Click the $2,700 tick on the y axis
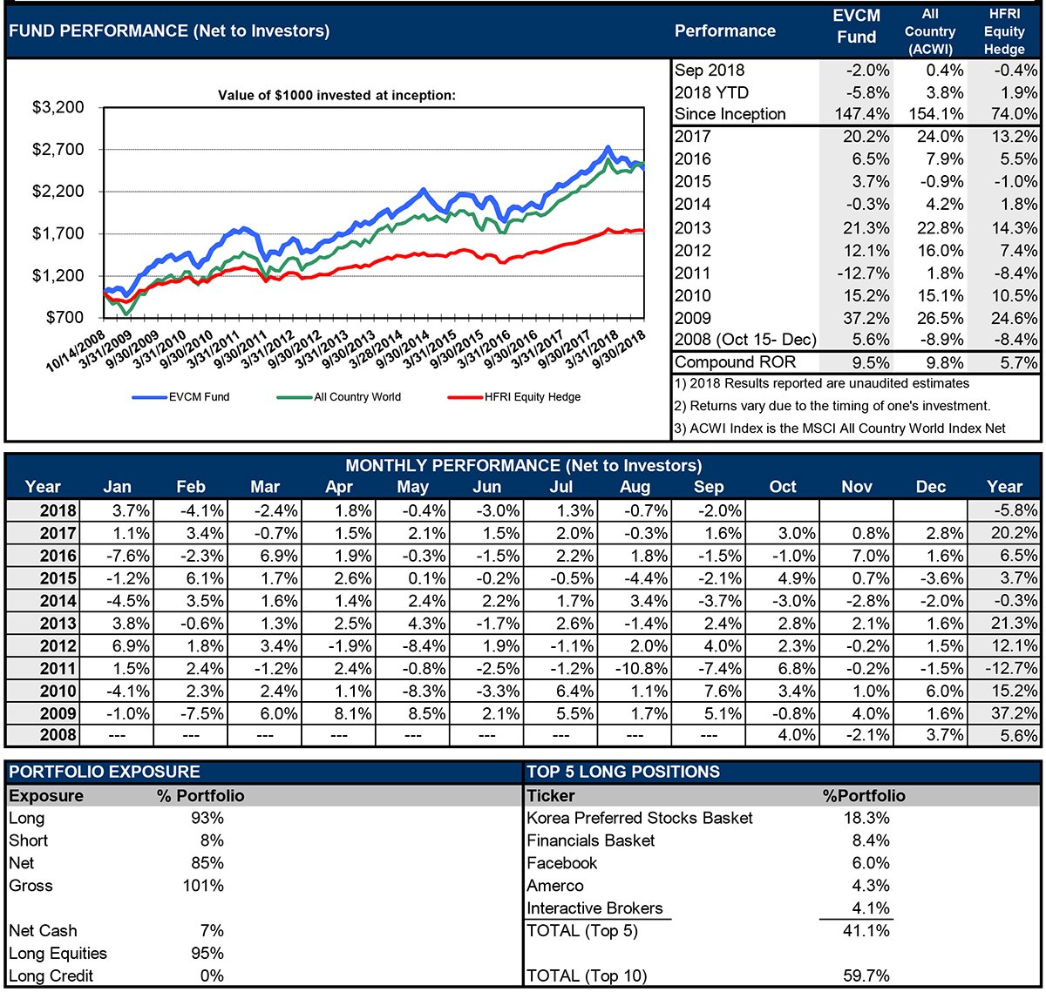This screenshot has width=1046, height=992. tap(58, 150)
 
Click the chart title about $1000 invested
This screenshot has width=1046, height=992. tap(336, 95)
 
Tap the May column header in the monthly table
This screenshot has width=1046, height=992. tap(412, 487)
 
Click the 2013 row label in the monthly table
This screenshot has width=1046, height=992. tap(58, 624)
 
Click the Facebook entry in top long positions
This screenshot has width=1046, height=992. tap(562, 863)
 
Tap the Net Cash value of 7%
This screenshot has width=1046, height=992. tap(212, 931)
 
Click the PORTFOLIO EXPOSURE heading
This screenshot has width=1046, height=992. tap(105, 772)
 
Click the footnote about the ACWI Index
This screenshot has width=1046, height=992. tap(839, 429)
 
